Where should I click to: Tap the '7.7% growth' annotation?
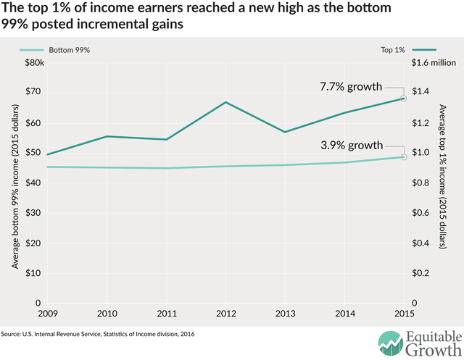(351, 87)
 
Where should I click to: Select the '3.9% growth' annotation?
(351, 146)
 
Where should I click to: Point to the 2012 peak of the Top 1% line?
(225, 102)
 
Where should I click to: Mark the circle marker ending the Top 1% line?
(403, 99)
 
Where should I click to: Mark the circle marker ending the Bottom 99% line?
(403, 157)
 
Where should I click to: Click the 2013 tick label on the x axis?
(285, 314)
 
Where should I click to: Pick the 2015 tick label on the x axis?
(404, 314)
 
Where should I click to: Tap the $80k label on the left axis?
(33, 63)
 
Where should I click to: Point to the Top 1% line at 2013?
(285, 132)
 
